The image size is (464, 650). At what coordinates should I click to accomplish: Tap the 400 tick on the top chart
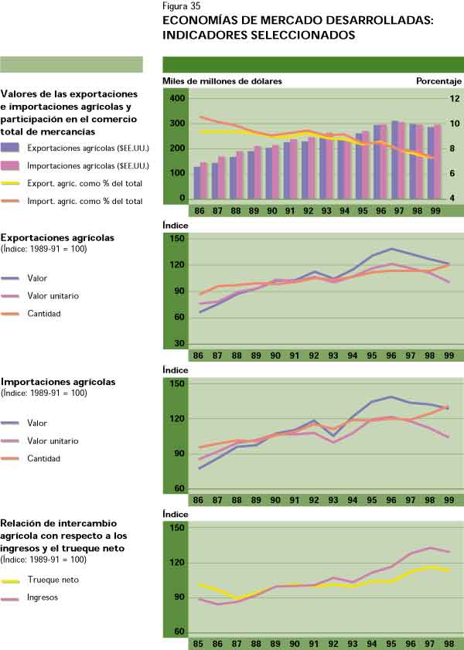coord(177,99)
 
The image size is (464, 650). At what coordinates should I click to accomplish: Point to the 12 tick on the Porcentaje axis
coord(454,99)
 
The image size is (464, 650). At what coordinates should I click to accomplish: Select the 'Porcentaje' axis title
coord(438,80)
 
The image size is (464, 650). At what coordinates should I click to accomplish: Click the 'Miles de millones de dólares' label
coord(223,80)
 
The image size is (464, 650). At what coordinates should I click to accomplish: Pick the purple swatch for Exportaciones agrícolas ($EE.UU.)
coord(11,147)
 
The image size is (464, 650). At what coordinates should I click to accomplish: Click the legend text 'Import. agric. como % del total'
coord(84,201)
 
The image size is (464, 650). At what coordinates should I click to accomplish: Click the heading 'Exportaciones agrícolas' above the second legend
coord(58,237)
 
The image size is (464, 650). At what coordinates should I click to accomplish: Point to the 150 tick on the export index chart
coord(177,240)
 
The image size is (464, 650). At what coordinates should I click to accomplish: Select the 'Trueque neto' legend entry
coord(53,579)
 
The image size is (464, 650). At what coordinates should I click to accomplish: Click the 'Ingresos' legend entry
coord(44,597)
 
